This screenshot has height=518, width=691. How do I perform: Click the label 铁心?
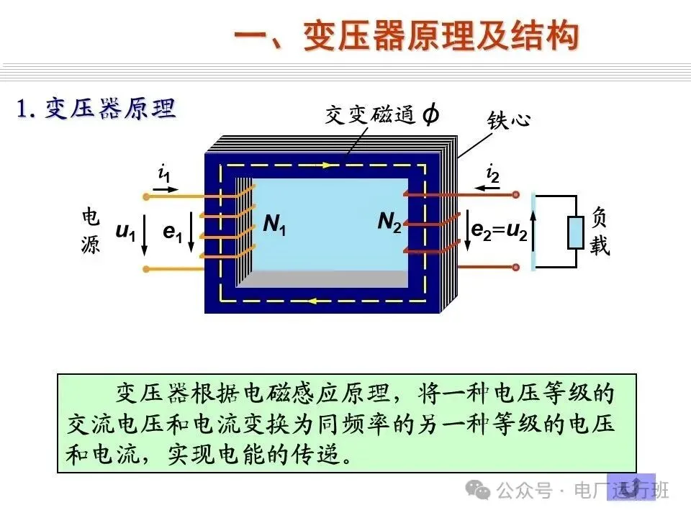coord(509,119)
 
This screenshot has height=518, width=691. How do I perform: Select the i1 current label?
coord(165,173)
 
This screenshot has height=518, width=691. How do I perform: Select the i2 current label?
coord(492,173)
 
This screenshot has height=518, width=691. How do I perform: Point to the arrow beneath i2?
coord(491,189)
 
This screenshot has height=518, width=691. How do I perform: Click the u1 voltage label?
coord(125,232)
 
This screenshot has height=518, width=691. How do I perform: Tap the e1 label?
coord(172,232)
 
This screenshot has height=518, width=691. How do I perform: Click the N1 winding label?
coord(274,224)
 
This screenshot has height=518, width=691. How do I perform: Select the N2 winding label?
coord(389,223)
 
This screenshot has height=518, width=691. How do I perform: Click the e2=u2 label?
coord(499,230)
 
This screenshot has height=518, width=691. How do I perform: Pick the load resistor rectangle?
coord(576,232)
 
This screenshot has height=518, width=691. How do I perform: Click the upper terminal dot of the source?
coord(147,196)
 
